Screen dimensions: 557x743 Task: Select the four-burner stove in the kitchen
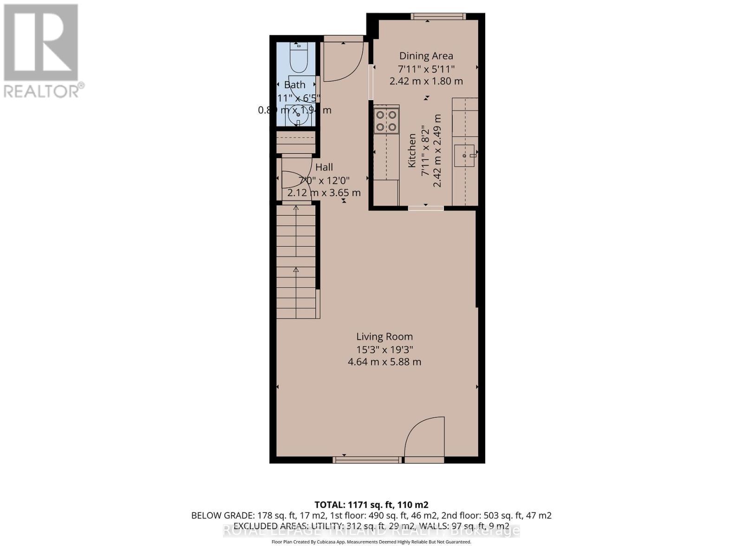(x=386, y=120)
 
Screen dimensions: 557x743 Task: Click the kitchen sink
(x=465, y=155)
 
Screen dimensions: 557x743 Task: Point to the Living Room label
(x=385, y=337)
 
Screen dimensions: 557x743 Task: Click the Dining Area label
(x=426, y=56)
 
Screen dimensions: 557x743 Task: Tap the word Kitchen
(x=412, y=151)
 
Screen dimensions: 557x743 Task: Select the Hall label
(x=324, y=167)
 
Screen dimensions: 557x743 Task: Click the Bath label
(x=295, y=84)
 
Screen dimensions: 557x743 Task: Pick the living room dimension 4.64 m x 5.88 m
(x=385, y=362)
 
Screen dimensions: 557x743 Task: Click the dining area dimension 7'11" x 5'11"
(x=426, y=69)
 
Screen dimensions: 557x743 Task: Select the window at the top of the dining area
(x=438, y=17)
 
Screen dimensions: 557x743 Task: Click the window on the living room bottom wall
(x=367, y=460)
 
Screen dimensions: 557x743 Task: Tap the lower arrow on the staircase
(x=296, y=270)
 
